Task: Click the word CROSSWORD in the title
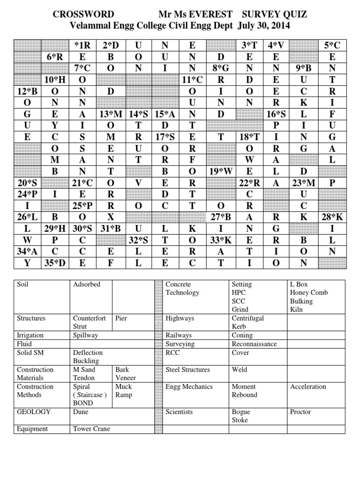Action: click(x=83, y=15)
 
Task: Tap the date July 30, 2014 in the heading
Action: click(x=263, y=26)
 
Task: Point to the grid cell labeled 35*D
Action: click(x=55, y=263)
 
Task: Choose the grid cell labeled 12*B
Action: click(x=27, y=91)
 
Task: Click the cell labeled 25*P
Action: click(x=82, y=206)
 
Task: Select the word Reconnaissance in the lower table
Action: click(x=254, y=344)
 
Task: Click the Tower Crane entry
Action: click(x=91, y=429)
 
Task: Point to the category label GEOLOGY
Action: click(x=34, y=412)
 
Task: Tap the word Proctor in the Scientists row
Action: click(x=300, y=412)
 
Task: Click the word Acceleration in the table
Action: click(x=308, y=387)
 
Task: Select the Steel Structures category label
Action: click(x=187, y=370)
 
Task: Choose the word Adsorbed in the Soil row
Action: click(x=87, y=285)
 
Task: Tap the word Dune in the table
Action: click(x=80, y=412)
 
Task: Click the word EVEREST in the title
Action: click(x=214, y=15)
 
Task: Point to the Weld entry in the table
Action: click(x=239, y=370)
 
